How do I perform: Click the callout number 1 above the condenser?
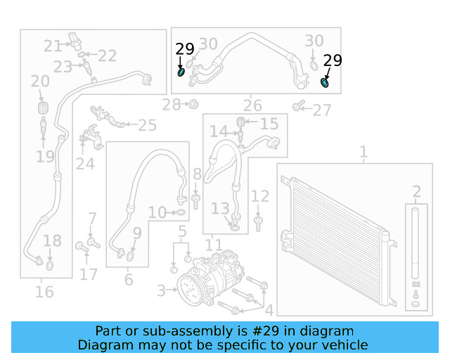point(364,152)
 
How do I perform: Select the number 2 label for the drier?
point(416,191)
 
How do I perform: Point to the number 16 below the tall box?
point(44,291)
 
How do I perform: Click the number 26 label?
point(252,106)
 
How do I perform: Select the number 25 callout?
point(147,125)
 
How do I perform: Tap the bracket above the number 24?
point(89,137)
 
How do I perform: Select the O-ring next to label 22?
point(83,54)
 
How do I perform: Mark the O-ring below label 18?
point(50,266)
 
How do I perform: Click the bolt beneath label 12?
point(259,224)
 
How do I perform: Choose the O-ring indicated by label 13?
point(235,226)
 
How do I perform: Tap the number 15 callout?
point(269,124)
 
